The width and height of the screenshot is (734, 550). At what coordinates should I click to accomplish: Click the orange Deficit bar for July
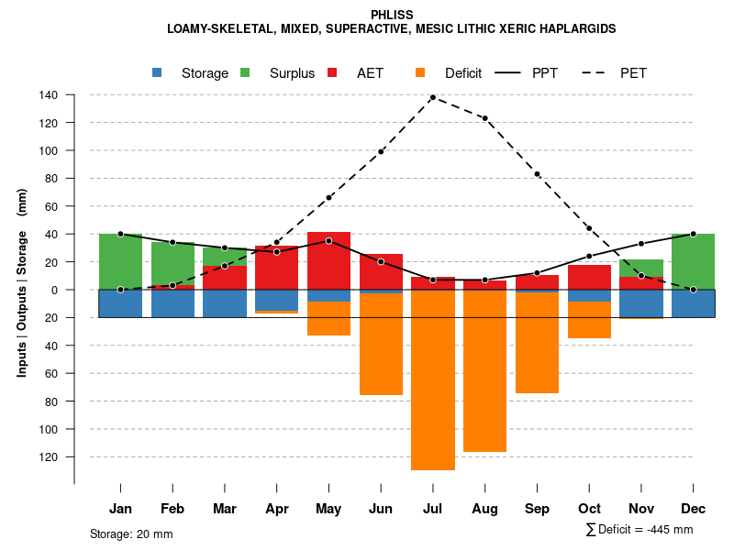433,380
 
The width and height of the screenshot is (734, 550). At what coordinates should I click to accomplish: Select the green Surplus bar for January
120,261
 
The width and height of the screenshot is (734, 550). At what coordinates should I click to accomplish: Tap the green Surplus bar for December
694,261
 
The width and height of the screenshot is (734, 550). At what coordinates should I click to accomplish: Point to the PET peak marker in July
433,97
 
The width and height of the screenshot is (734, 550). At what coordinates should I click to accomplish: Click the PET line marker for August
484,118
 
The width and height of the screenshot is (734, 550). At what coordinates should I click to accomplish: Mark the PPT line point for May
328,241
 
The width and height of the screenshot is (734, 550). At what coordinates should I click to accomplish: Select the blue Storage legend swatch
158,72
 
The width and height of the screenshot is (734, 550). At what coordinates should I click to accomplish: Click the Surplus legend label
292,73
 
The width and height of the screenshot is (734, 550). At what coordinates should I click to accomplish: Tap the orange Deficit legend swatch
420,72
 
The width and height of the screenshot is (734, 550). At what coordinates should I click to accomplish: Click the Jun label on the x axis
381,509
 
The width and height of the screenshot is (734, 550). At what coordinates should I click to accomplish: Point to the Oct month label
589,509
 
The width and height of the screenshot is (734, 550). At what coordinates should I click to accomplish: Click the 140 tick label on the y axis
49,95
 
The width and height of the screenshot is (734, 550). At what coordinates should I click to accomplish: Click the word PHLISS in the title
392,15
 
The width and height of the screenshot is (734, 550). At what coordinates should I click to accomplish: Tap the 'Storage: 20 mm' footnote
131,533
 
